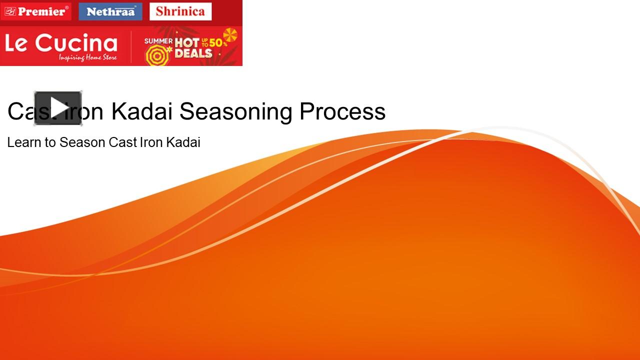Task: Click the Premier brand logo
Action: [36, 11]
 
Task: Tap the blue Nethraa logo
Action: [110, 11]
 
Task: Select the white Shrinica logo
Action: [180, 11]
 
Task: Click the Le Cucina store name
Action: [61, 44]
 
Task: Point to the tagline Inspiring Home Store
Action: [87, 58]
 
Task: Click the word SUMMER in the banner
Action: [158, 41]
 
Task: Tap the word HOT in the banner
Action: [187, 43]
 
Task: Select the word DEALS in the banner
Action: [193, 53]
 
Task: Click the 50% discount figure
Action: [218, 43]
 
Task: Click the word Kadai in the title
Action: [142, 111]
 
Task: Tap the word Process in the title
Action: [342, 111]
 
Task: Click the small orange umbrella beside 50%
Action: [230, 35]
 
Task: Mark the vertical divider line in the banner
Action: [131, 46]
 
